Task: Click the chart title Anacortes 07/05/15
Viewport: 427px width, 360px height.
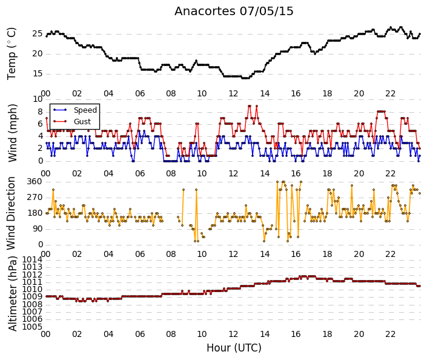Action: pos(234,11)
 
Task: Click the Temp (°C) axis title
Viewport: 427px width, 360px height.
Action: pos(12,53)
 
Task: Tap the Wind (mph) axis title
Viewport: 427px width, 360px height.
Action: pos(12,133)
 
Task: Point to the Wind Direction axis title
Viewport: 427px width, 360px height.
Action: pos(11,213)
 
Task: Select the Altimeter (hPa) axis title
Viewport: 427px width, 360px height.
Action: pos(12,293)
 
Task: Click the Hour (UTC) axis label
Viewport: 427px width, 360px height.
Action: pos(234,348)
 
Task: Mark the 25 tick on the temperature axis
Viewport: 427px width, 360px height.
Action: pos(38,34)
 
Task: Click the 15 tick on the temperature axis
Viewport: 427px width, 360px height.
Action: pos(38,73)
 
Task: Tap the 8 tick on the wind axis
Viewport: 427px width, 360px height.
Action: pos(41,112)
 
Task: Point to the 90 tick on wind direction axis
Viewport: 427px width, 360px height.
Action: pos(38,229)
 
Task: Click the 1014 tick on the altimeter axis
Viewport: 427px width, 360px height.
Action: pos(33,259)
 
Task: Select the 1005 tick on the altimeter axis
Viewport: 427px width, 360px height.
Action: pos(33,327)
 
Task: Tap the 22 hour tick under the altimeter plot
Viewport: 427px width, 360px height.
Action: pos(390,334)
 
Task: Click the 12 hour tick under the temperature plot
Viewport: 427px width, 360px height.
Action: pos(233,93)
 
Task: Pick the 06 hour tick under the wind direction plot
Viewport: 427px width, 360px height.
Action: pos(140,254)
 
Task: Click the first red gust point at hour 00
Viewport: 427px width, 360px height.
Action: pos(47,118)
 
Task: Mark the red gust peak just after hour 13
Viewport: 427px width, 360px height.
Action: pos(257,106)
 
